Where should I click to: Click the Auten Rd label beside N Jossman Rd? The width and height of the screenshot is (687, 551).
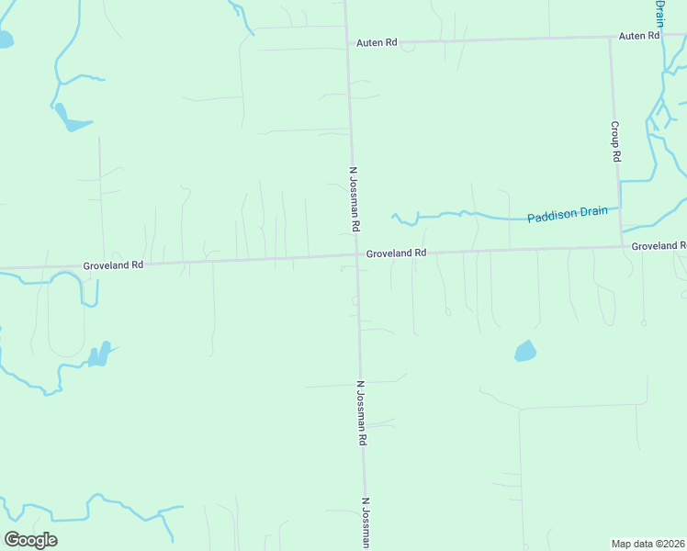point(377,42)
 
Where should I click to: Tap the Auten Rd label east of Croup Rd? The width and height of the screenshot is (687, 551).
point(639,36)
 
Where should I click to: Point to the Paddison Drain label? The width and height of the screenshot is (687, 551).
point(568,214)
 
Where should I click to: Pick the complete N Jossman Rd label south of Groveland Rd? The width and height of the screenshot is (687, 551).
point(362,413)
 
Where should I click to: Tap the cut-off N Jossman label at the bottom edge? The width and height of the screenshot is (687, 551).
point(366,523)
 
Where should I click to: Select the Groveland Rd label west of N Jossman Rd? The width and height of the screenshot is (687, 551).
point(113,264)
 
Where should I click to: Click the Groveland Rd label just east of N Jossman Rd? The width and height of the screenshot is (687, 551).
point(397,253)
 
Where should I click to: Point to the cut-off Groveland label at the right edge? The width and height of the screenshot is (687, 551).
point(659,246)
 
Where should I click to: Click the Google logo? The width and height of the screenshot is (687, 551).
point(30,540)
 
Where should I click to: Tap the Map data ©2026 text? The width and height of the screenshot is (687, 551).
point(648,544)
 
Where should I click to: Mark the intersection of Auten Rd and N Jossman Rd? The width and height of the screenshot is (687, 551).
point(347,42)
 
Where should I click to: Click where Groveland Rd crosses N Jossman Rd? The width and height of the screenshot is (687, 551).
point(356,255)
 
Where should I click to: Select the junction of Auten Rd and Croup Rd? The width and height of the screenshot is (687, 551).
point(611,38)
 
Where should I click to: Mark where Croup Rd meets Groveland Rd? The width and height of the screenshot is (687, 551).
point(621,246)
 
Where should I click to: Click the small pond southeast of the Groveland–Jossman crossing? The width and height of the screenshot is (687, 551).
point(525,351)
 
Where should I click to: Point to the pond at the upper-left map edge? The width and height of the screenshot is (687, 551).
point(5,39)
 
